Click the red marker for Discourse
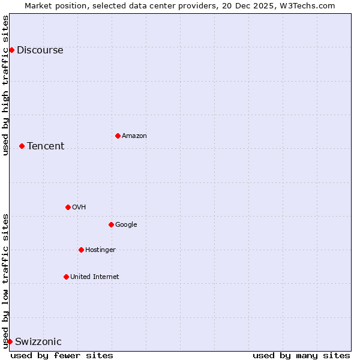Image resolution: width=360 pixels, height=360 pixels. click(x=11, y=50)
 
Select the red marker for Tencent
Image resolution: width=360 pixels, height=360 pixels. click(x=22, y=146)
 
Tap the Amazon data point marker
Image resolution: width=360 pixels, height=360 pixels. click(x=118, y=136)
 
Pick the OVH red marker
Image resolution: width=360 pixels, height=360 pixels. click(x=68, y=207)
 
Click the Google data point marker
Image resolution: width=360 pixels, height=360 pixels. click(x=111, y=224)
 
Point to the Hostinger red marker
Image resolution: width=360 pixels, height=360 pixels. click(x=81, y=250)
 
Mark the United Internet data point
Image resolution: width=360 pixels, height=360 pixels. click(x=66, y=277)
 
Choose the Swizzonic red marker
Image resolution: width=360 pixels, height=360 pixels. click(x=10, y=341)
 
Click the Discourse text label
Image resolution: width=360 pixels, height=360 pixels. click(x=40, y=50)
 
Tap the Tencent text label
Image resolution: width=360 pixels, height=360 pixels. click(x=46, y=146)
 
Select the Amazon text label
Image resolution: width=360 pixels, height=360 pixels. click(x=134, y=136)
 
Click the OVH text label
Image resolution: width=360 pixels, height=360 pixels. click(x=79, y=208)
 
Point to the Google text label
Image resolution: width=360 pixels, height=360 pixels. click(x=126, y=225)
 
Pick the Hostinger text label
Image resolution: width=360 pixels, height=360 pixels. click(x=100, y=250)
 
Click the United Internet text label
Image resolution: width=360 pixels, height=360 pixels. click(x=95, y=277)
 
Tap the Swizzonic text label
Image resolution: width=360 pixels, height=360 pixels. click(x=38, y=342)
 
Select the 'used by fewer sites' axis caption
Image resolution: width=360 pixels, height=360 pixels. click(x=62, y=355)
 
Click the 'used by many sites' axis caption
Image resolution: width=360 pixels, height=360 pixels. click(x=301, y=355)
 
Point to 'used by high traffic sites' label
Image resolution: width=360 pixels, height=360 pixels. click(x=5, y=85)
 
